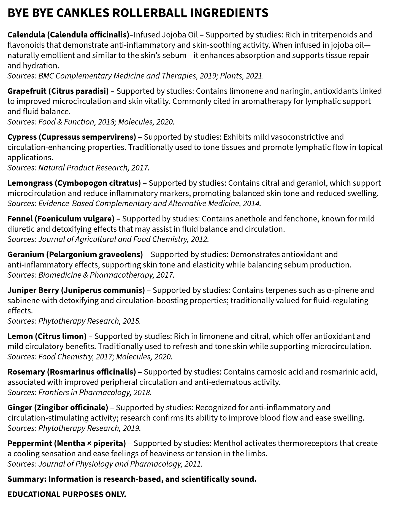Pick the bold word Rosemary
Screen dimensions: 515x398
point(26,372)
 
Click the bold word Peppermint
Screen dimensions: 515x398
point(30,443)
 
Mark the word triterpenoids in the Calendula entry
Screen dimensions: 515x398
point(332,35)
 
